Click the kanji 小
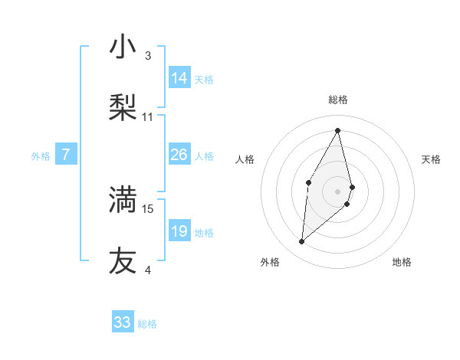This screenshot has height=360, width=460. click(123, 47)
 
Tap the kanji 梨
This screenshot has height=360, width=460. click(123, 108)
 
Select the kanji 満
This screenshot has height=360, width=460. click(123, 199)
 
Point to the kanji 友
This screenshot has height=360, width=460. click(123, 260)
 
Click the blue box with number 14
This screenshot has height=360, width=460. click(179, 78)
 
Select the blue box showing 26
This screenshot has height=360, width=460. click(179, 155)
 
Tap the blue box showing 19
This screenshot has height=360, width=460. click(179, 231)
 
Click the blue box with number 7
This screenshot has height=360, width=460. click(66, 155)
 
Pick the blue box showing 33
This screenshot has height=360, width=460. click(123, 322)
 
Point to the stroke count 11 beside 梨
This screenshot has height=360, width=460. click(148, 117)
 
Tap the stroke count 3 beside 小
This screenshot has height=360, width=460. click(148, 56)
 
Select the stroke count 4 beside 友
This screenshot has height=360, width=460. click(148, 270)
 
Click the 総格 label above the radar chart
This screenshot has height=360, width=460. click(338, 100)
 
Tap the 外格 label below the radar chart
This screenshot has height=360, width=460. click(270, 262)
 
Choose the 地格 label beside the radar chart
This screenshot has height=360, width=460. click(402, 262)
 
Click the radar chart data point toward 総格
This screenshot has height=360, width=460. click(338, 129)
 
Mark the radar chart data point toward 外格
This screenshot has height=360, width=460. click(301, 242)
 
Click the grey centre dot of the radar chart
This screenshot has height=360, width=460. click(338, 191)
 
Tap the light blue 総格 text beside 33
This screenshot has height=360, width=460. click(147, 324)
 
